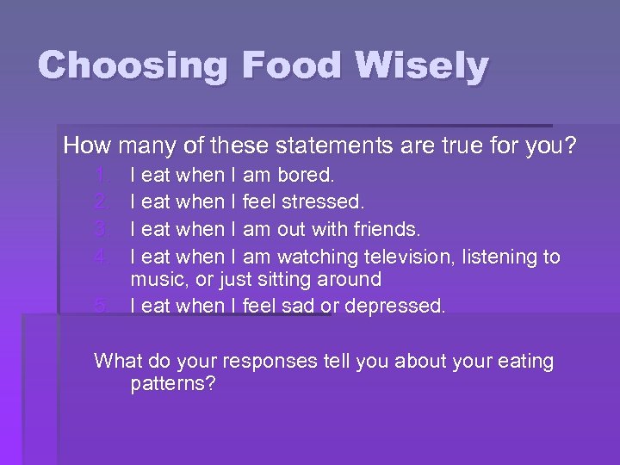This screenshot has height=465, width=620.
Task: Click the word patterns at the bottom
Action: pyautogui.click(x=172, y=384)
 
